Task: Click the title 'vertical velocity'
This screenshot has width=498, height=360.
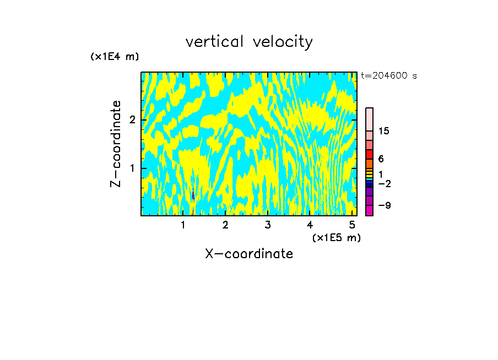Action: [x=249, y=42]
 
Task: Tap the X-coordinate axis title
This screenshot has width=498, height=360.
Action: [x=249, y=254]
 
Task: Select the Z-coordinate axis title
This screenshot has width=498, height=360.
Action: [x=116, y=144]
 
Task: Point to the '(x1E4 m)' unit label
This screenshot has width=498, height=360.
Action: [x=115, y=57]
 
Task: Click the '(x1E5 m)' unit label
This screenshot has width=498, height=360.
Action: [x=336, y=237]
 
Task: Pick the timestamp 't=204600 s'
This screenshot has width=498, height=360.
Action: [x=389, y=76]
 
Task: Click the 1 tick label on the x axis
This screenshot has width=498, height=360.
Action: [x=183, y=225]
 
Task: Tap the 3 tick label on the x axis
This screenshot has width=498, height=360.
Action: [x=268, y=225]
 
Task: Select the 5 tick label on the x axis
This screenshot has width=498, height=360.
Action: [x=352, y=225]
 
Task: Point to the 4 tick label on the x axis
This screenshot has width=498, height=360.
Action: [x=310, y=225]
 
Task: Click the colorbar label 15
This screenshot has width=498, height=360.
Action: [x=384, y=131]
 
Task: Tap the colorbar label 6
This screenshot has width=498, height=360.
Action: [x=381, y=159]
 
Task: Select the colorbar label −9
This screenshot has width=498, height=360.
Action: [x=384, y=205]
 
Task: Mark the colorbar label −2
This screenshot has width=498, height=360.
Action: [x=384, y=183]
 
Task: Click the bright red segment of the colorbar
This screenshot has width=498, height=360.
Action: [x=369, y=154]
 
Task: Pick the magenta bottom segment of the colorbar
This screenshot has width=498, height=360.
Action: [x=369, y=210]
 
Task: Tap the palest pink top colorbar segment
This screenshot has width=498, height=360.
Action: [x=369, y=119]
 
